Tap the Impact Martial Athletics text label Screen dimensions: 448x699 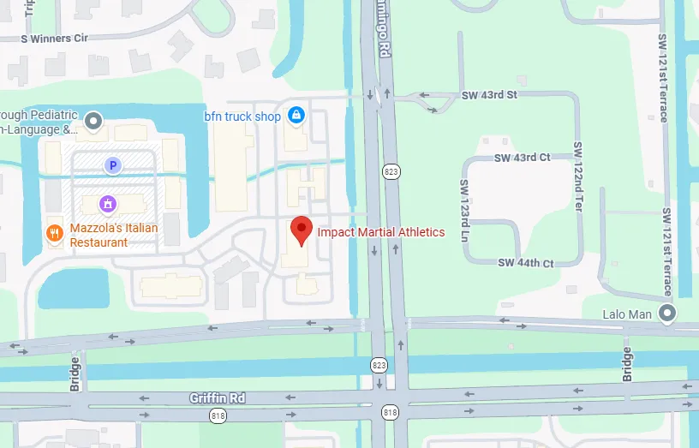381,232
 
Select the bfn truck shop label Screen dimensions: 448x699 242,116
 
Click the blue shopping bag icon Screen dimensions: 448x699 296,115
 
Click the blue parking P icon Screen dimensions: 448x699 111,164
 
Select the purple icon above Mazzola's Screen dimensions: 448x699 108,204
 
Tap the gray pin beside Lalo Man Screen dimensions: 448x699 666,314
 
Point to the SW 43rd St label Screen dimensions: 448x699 489,95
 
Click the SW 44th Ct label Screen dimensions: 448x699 526,263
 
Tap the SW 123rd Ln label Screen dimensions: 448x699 464,210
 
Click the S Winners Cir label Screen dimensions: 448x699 54,39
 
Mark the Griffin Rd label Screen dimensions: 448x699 218,398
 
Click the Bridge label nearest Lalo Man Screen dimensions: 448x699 627,364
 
